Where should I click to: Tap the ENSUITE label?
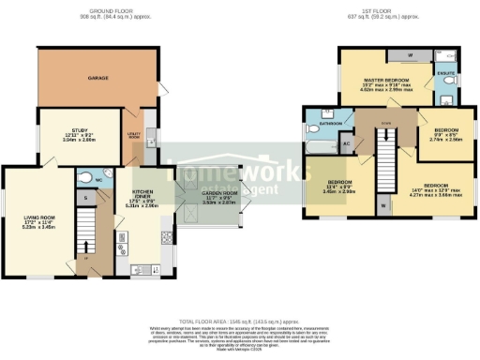(447, 71)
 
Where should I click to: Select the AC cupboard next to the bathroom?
(346, 145)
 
